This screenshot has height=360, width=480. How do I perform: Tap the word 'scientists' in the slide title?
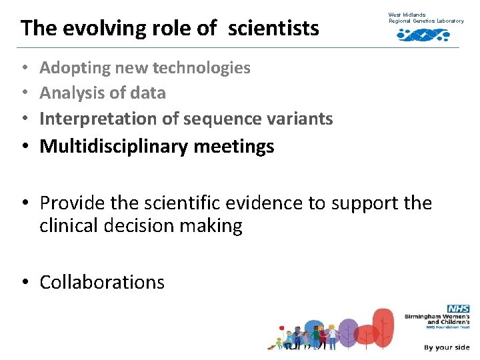click(273, 28)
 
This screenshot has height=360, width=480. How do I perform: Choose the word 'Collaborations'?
click(102, 282)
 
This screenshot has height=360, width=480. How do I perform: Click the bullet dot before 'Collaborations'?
click(25, 283)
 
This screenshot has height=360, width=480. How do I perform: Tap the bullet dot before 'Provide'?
click(25, 203)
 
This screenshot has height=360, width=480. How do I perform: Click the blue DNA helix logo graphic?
click(423, 35)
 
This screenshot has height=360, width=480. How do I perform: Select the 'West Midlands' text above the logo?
click(407, 14)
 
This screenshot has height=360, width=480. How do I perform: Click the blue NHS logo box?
click(459, 309)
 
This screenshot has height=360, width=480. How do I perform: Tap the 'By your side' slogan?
click(447, 347)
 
